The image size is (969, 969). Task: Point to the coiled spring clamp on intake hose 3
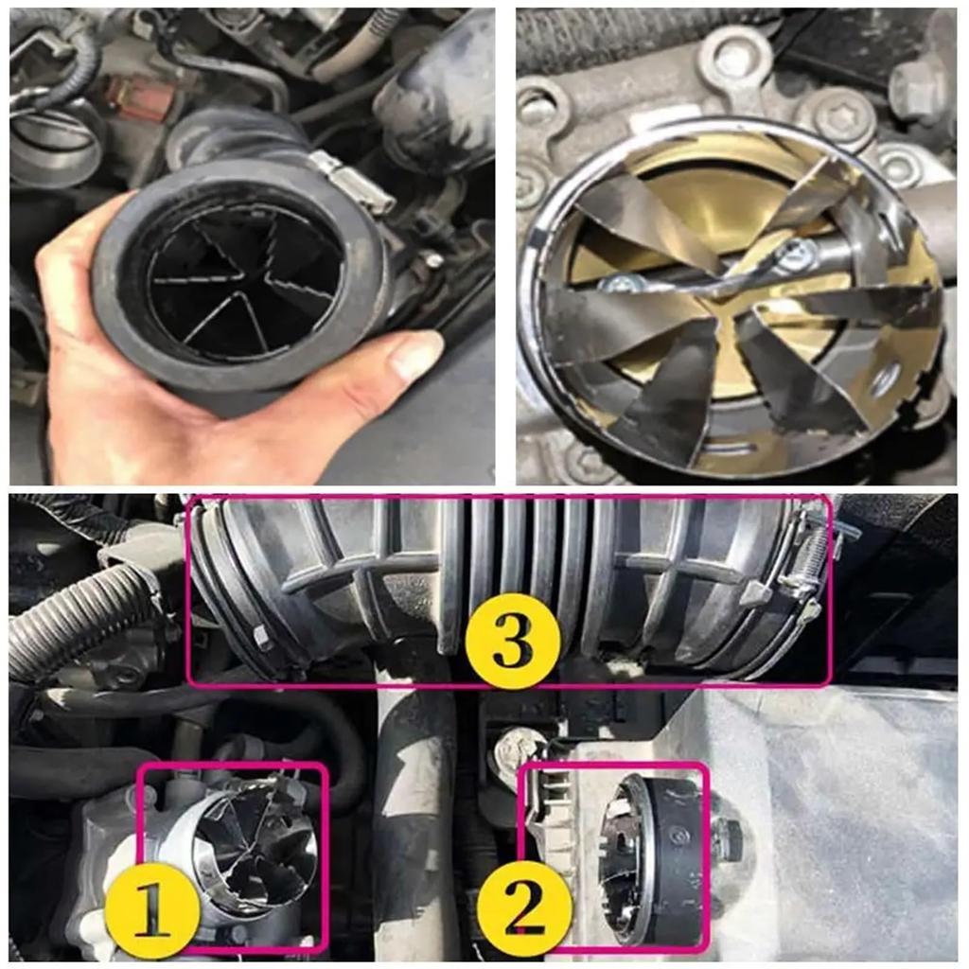click(814, 558)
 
